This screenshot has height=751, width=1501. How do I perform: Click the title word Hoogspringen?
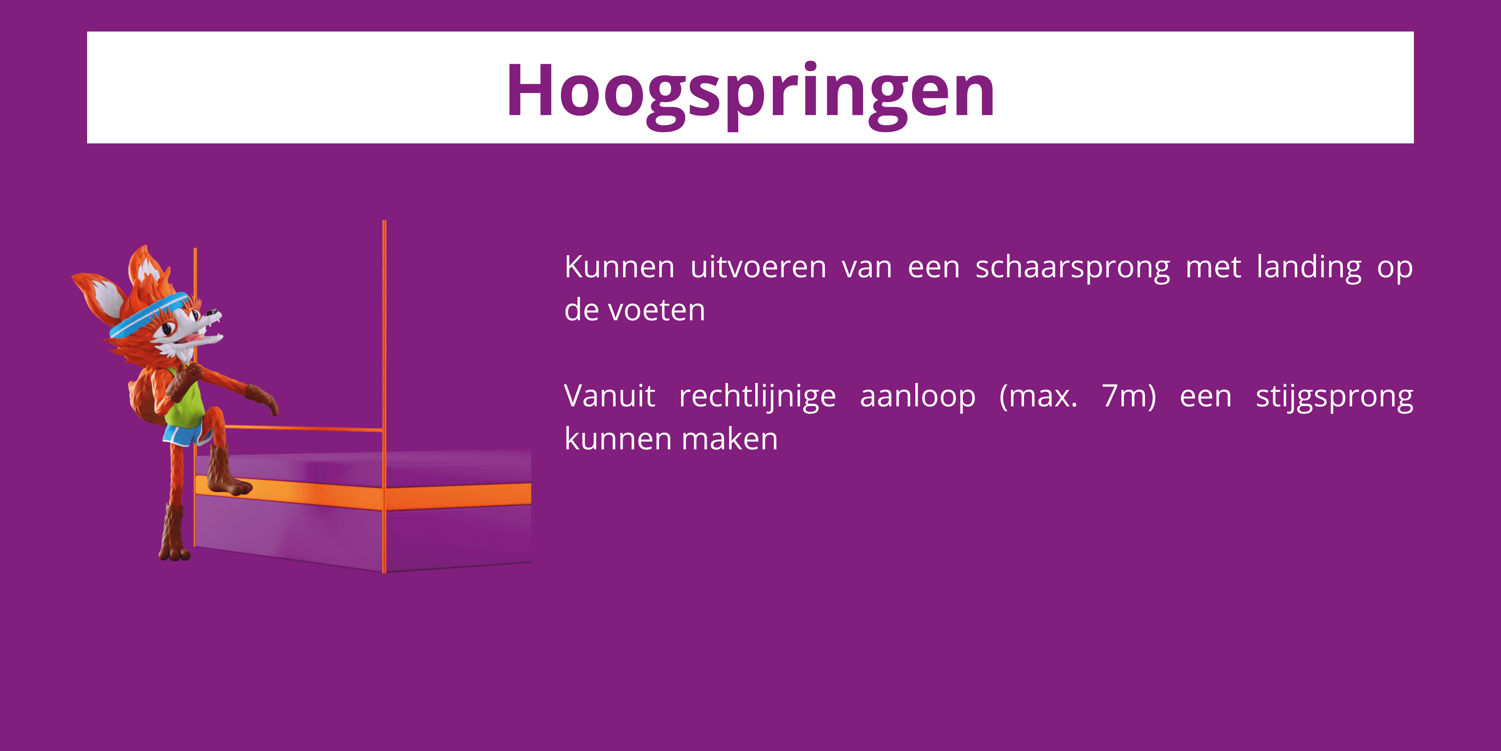[x=750, y=92]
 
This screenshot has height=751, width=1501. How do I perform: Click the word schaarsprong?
[x=1072, y=268]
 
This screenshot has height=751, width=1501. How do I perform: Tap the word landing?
[x=1309, y=268]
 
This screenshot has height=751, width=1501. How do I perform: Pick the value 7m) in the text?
[x=1128, y=397]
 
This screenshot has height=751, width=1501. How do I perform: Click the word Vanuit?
[x=609, y=397]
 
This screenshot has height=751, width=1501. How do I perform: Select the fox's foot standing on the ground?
[x=174, y=548]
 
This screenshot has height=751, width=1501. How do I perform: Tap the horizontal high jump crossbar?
[x=303, y=429]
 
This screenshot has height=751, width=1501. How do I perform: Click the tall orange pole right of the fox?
[x=384, y=350]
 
